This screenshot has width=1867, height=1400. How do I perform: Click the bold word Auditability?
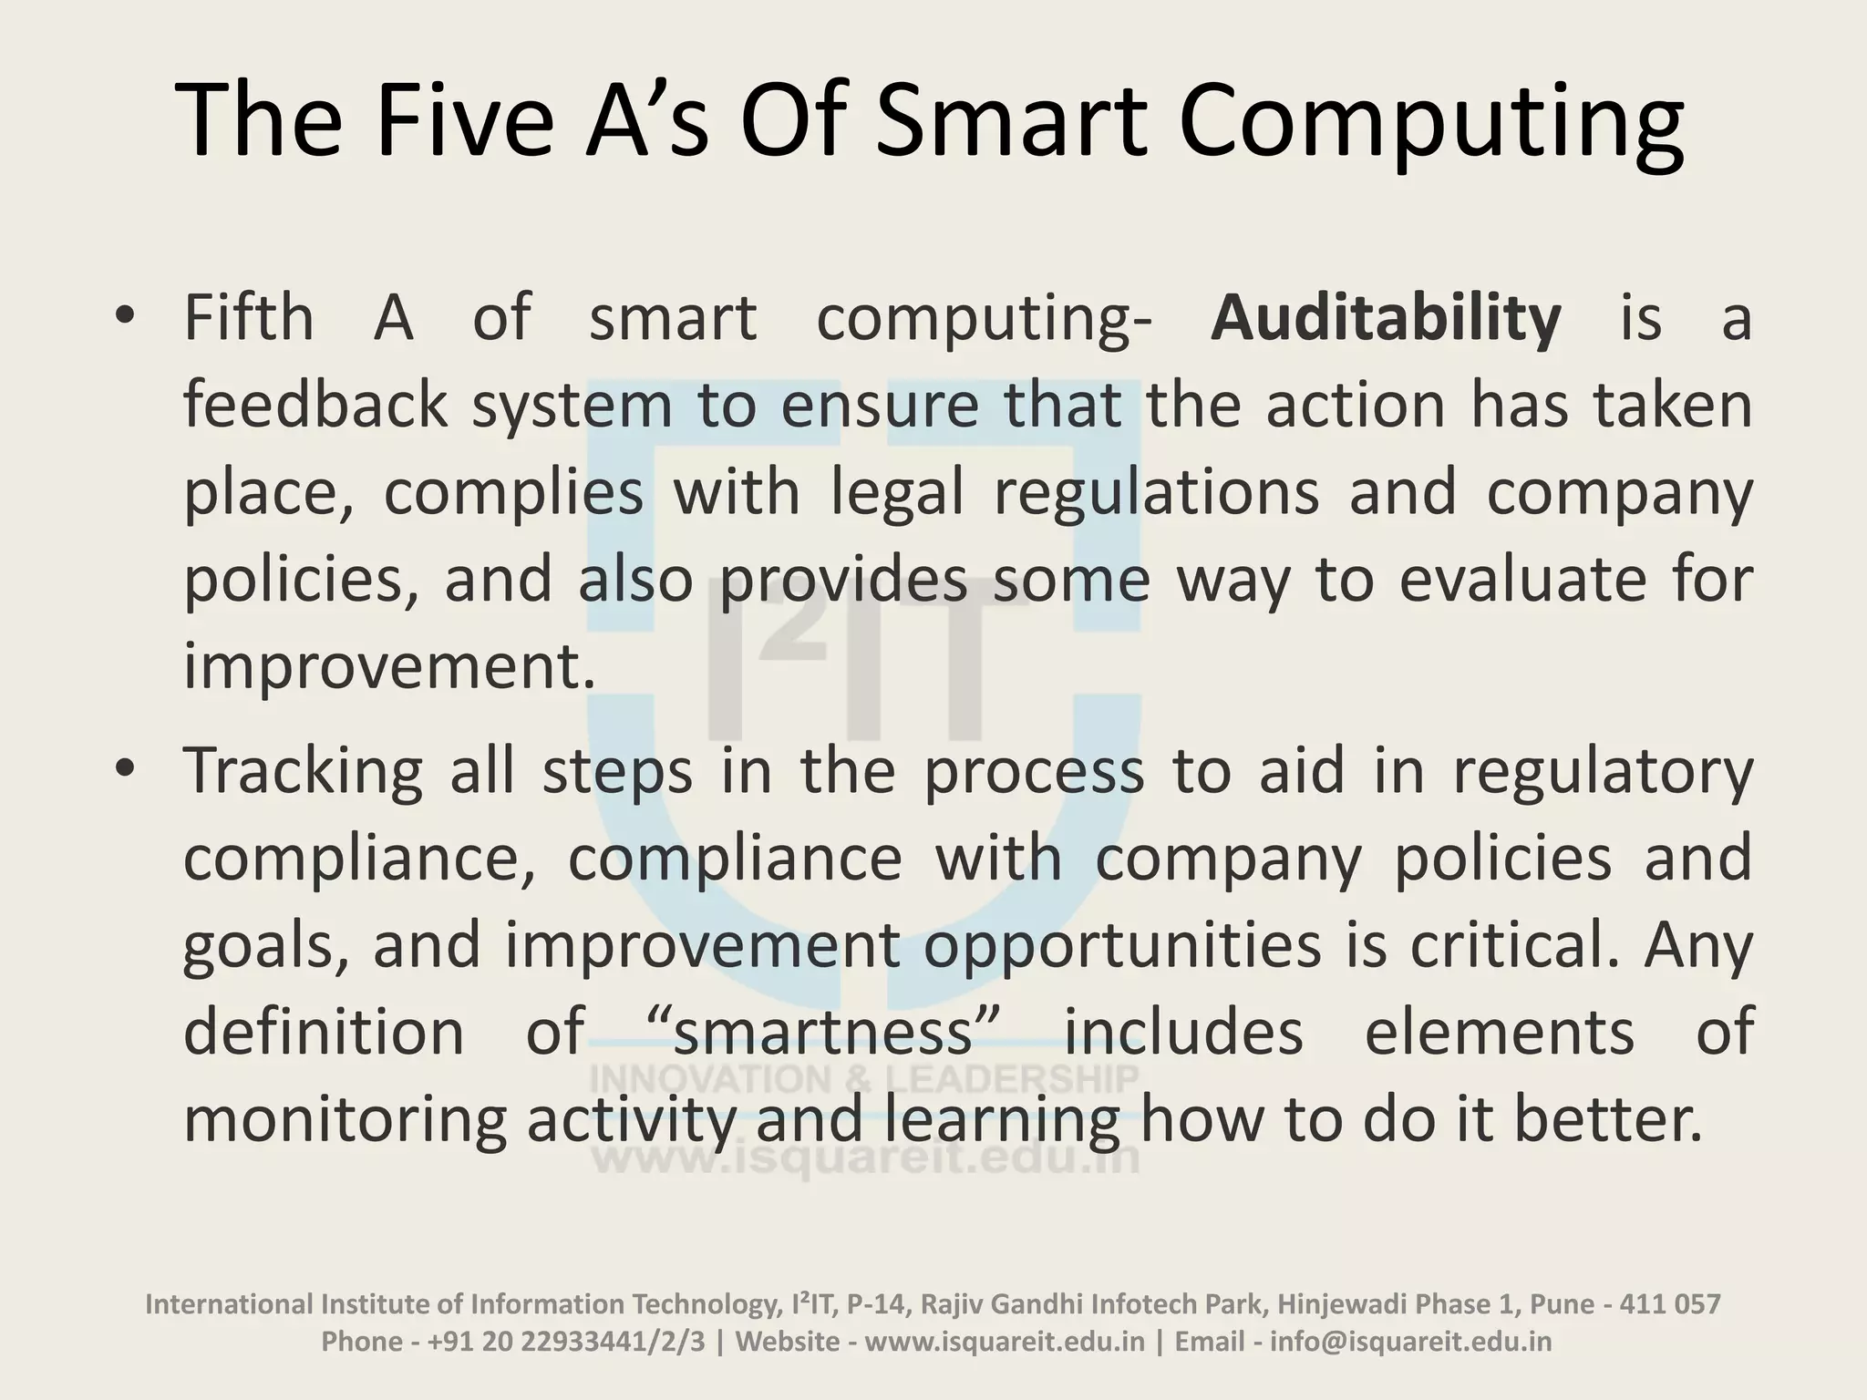1386,319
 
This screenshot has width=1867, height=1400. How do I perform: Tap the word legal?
897,492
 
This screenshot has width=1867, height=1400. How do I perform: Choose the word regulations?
1156,492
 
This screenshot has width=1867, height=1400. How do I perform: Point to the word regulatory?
1603,771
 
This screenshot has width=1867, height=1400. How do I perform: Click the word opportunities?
1122,945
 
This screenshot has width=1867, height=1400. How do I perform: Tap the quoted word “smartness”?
824,1032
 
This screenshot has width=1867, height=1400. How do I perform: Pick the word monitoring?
345,1119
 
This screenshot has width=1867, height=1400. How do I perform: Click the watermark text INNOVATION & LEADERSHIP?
864,1079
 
